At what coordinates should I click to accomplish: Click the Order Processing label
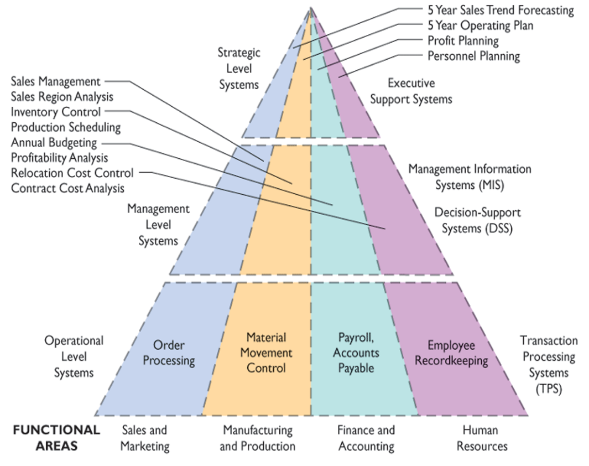coord(169,353)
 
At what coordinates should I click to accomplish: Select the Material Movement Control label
coord(266,353)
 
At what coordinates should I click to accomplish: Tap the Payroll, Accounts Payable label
coord(357,353)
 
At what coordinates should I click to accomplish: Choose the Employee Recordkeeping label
coord(452,353)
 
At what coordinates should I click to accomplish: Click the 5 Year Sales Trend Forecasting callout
coord(501,10)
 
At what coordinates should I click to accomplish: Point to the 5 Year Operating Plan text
coord(480,25)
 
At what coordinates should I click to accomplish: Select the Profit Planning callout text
coord(463,41)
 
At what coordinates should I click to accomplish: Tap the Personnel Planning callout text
coord(473,56)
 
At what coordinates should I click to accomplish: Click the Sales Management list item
coord(56,82)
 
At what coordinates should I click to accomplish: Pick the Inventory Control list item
coord(56,112)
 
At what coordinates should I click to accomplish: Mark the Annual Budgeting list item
coord(54,143)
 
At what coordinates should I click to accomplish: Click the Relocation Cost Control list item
coord(72,173)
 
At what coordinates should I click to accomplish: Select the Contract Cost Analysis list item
coord(68,188)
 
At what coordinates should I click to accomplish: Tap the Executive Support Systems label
coord(411,91)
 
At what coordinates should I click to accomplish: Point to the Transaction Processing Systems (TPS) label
coord(549,365)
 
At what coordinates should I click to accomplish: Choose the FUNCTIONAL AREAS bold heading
coord(56,438)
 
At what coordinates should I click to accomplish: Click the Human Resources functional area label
coord(482,438)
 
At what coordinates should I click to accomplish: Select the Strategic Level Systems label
coord(239,69)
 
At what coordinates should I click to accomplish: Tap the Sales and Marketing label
coord(144,438)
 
